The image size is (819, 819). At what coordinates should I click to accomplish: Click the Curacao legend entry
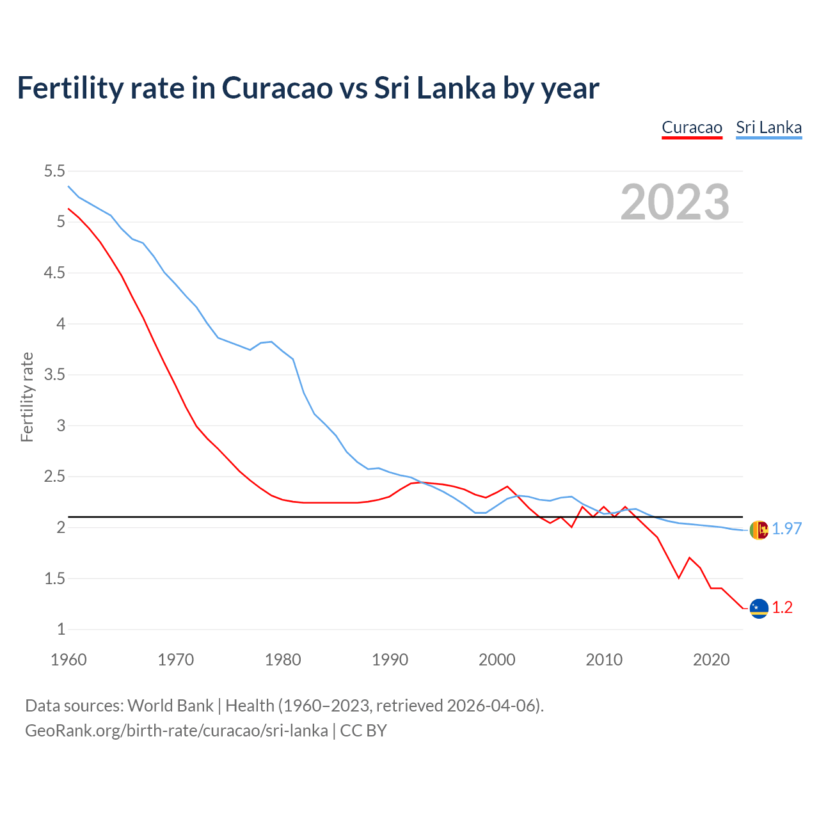(692, 127)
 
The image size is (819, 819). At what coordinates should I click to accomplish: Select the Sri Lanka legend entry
(768, 127)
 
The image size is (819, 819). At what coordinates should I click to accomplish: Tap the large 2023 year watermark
(675, 202)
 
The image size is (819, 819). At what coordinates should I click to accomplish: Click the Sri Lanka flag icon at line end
(758, 530)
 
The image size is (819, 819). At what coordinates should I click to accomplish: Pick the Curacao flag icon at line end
(758, 608)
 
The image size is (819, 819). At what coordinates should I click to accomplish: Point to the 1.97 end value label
(786, 529)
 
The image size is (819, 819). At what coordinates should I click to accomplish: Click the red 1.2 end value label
(782, 607)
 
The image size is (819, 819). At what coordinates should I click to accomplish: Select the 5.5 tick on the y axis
(54, 171)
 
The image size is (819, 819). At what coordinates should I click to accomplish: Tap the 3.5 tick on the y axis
(54, 374)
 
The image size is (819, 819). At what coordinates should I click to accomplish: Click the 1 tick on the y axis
(61, 629)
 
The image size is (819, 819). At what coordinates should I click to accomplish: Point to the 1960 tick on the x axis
(68, 660)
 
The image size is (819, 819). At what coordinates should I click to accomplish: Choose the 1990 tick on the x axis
(390, 660)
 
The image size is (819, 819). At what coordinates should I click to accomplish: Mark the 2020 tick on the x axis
(711, 660)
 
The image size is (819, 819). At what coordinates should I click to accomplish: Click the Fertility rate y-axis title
(27, 397)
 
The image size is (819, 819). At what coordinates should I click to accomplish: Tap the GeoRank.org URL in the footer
(176, 730)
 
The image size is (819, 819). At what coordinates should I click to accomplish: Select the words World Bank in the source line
(170, 705)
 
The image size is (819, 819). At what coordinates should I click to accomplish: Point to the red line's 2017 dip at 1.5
(678, 578)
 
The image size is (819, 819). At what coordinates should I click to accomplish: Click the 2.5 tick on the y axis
(54, 476)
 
